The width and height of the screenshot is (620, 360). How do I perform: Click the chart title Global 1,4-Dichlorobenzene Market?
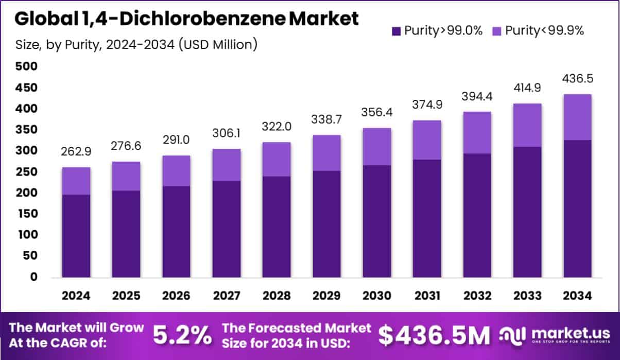point(186,19)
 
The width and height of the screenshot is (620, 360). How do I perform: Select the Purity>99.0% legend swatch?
point(396,31)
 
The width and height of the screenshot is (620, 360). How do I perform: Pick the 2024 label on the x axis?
point(76,296)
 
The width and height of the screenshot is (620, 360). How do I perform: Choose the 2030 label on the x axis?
point(376,296)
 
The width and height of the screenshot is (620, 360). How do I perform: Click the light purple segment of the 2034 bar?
point(577,117)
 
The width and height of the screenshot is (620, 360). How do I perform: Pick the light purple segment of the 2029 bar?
point(326,153)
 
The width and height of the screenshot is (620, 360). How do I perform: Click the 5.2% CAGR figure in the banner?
point(182,336)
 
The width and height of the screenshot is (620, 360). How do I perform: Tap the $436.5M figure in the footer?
point(434,336)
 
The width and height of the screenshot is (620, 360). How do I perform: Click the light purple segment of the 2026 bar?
point(176,171)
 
